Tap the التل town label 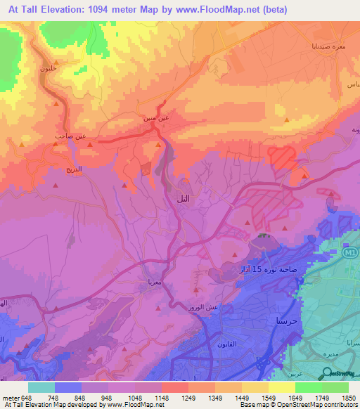[x=181, y=200]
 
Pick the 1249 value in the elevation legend [x=188, y=398]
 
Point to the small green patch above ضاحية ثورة [x=263, y=236]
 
